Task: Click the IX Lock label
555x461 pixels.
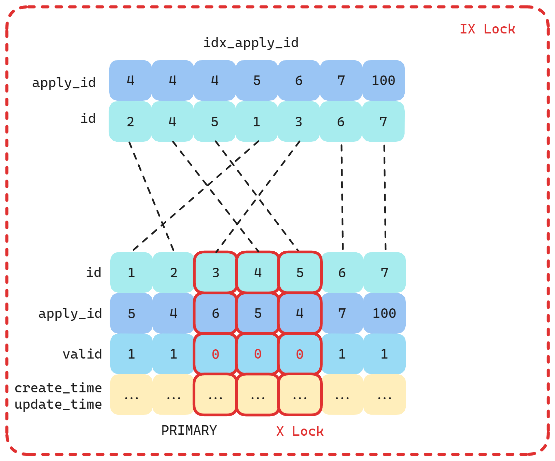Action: click(x=487, y=29)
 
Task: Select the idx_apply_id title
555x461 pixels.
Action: click(x=251, y=43)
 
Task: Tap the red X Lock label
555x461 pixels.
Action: click(x=300, y=431)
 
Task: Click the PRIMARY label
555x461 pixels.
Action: click(x=189, y=430)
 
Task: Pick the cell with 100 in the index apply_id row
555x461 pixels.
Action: click(x=384, y=81)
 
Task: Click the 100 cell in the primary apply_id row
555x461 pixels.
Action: click(x=385, y=313)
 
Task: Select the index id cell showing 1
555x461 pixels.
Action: click(x=256, y=122)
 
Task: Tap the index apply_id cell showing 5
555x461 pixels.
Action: click(x=257, y=81)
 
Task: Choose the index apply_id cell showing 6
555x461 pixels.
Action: click(x=299, y=81)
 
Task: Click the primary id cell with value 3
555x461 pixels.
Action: click(x=216, y=273)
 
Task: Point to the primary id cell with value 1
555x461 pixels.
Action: click(x=131, y=273)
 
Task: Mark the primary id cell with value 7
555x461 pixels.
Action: click(x=385, y=273)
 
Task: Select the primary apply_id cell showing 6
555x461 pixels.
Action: click(x=216, y=313)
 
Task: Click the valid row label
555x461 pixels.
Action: click(x=82, y=354)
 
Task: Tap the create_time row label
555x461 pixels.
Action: click(x=58, y=388)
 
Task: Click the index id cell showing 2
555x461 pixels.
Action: click(x=130, y=122)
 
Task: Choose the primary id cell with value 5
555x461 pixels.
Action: click(x=300, y=273)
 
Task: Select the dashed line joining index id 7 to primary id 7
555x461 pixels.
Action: click(x=385, y=197)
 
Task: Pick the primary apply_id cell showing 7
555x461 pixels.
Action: click(x=342, y=313)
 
